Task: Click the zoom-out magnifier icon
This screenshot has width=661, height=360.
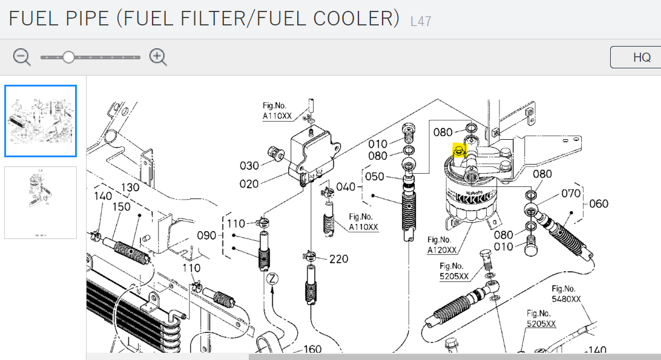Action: point(22,57)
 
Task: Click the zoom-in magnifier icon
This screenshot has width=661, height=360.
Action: point(158,57)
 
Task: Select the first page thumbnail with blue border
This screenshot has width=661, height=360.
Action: point(41,121)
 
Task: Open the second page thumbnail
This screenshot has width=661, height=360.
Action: point(41,202)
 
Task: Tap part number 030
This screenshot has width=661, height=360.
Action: point(249,166)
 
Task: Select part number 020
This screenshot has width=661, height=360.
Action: point(249,184)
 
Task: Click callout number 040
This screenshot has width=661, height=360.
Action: point(346,187)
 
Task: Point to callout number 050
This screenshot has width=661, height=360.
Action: point(375,176)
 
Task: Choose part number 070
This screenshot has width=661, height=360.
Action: point(570,194)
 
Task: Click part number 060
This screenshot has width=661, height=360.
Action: point(599,204)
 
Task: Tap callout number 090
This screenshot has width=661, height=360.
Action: point(206,235)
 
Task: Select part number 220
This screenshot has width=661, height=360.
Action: point(339,259)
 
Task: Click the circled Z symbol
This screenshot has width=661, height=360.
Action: point(272,279)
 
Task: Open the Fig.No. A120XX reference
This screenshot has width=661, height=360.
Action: point(441,244)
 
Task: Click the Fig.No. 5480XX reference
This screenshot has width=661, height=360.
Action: point(566,294)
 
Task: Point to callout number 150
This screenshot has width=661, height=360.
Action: point(121,207)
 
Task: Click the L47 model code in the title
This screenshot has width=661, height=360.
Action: point(420,21)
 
